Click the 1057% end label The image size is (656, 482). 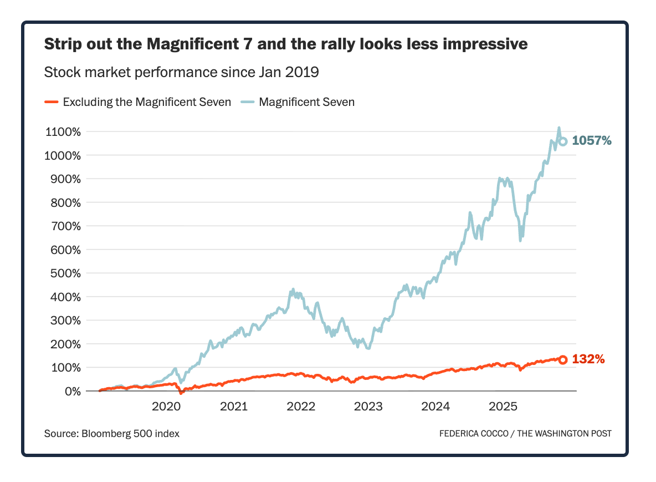(x=592, y=141)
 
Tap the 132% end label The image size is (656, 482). (x=588, y=359)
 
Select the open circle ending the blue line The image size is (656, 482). (x=563, y=141)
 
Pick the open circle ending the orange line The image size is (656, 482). (x=563, y=359)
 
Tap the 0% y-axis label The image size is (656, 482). (x=73, y=391)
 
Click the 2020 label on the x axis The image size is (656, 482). (x=166, y=407)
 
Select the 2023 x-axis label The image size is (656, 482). (x=368, y=407)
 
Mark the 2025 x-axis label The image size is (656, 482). (x=503, y=407)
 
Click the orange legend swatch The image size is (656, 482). (x=51, y=102)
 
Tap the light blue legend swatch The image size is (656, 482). (x=247, y=102)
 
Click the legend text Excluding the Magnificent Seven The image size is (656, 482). (x=147, y=102)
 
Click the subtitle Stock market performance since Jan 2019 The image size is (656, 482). (x=181, y=72)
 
